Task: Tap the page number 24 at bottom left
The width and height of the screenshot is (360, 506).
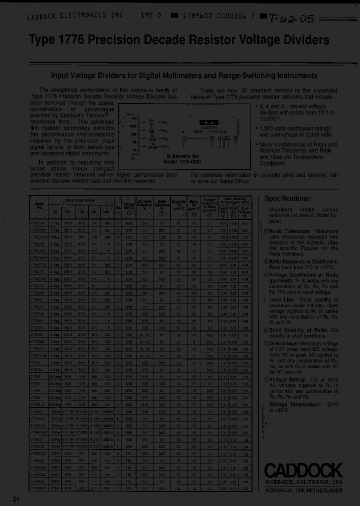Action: (16, 498)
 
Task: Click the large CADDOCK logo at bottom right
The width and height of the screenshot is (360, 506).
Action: (303, 470)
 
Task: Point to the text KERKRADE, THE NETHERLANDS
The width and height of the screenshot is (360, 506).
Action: (303, 491)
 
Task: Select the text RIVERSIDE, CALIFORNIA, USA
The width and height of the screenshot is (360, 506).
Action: (303, 482)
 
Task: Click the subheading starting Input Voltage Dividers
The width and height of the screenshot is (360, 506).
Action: (184, 76)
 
